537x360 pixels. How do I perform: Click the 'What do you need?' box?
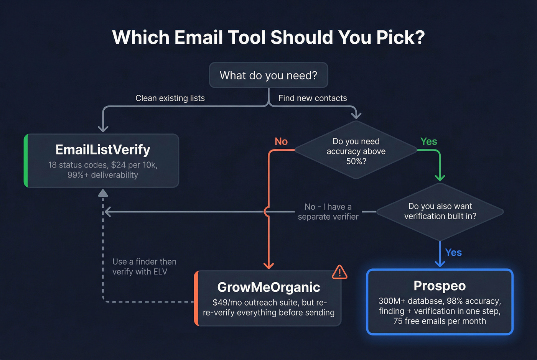coord(268,75)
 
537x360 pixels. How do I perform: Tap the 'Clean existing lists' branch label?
coord(170,98)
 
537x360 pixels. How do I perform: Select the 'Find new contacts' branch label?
coord(313,98)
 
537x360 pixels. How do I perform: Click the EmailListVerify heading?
coord(103,150)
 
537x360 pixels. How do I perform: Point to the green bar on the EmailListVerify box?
coord(26,161)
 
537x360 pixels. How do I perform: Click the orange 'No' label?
coord(281,141)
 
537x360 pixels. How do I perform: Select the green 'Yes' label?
coord(428,141)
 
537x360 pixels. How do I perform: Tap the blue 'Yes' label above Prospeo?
coord(453,252)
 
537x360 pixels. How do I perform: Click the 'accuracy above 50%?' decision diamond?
coord(356,151)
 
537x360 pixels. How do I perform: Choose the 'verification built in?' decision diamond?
coord(440,211)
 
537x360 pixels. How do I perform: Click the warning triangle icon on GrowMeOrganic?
coord(339,272)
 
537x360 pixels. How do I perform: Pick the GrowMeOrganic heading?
coord(268,287)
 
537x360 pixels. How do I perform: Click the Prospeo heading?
coord(440,286)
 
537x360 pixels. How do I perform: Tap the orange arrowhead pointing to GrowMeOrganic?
coord(268,265)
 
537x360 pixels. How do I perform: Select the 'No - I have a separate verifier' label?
coord(328,212)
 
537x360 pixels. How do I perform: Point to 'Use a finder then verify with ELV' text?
coord(144,266)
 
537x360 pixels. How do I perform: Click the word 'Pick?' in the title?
coord(400,37)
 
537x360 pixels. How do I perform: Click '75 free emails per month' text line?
coord(440,321)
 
